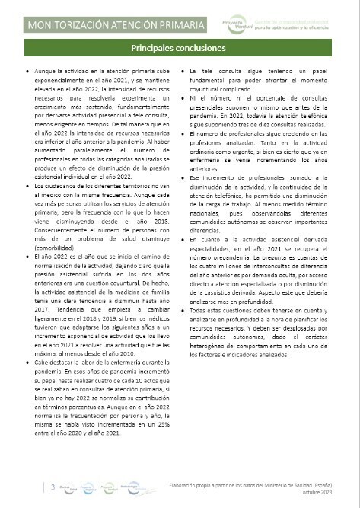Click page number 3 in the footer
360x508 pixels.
point(53,485)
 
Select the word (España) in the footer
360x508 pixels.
point(334,484)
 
